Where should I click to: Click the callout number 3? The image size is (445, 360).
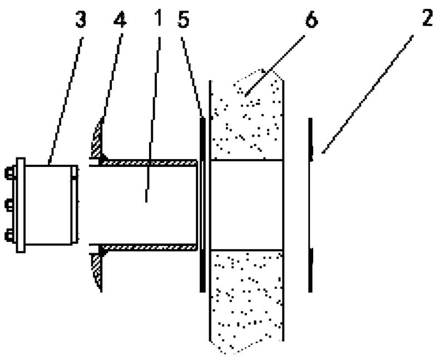(x=81, y=19)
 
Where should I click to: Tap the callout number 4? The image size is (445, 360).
(x=120, y=19)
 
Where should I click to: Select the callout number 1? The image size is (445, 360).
(x=159, y=18)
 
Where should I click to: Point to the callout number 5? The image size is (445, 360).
(x=183, y=19)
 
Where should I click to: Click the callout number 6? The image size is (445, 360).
(x=311, y=19)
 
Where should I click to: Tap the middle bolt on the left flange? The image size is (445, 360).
(x=9, y=205)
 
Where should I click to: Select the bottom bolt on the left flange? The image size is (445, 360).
(x=9, y=236)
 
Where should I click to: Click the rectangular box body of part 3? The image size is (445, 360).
(x=48, y=205)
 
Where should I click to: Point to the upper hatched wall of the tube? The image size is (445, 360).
(x=149, y=162)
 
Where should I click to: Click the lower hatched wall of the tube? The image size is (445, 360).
(x=149, y=247)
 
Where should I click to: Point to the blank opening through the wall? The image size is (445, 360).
(x=247, y=205)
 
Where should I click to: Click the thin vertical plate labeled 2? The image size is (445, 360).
(x=310, y=205)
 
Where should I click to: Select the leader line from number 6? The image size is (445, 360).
(x=275, y=65)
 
